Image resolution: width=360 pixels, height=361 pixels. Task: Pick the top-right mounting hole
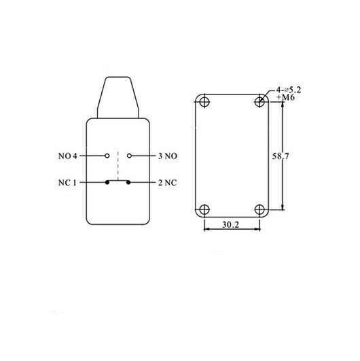coord(259,102)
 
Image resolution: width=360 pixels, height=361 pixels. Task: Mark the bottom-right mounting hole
coord(259,209)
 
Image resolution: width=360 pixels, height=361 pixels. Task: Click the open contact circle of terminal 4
coord(107,156)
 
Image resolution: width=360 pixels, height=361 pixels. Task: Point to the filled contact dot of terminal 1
coord(107,182)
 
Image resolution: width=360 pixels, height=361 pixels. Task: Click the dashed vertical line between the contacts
coord(118,167)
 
